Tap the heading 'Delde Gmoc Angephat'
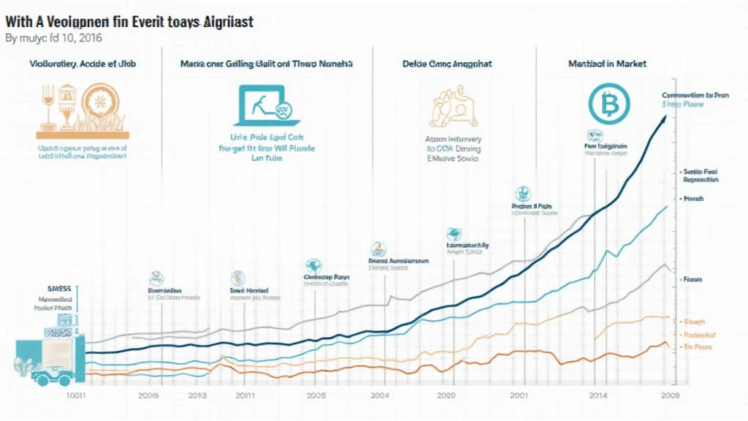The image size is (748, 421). click(446, 64)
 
